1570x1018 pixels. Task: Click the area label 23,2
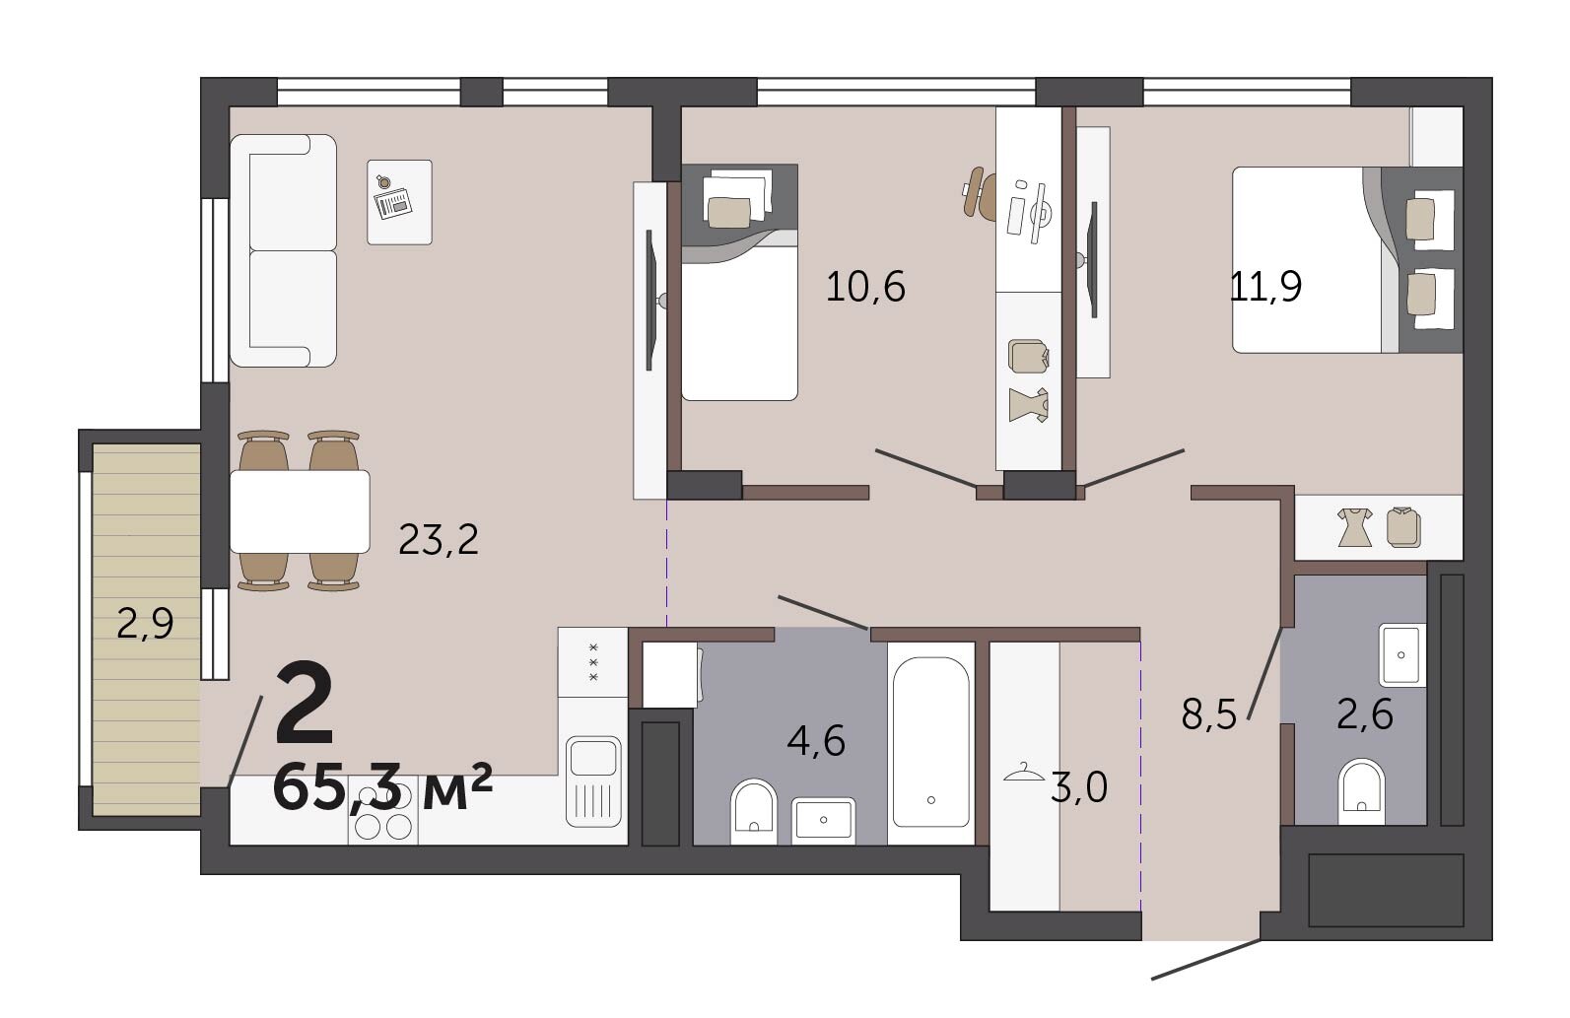(x=439, y=540)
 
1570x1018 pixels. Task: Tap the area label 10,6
(x=865, y=287)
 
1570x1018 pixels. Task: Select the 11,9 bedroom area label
(x=1265, y=287)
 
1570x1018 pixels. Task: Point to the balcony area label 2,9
(x=145, y=624)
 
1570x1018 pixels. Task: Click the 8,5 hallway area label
(x=1209, y=715)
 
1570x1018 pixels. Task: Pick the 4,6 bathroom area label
(x=816, y=740)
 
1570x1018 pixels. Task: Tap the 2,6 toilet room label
(x=1365, y=715)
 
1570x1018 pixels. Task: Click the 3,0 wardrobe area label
(x=1078, y=786)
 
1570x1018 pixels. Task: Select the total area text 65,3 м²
(x=382, y=786)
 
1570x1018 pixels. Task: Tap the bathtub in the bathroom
(x=930, y=743)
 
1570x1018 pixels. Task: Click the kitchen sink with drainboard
(x=593, y=780)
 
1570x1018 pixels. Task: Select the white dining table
(x=300, y=511)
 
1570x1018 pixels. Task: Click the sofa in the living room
(x=283, y=251)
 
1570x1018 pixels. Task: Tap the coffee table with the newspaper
(x=399, y=202)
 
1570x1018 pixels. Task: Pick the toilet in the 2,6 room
(x=1361, y=791)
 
